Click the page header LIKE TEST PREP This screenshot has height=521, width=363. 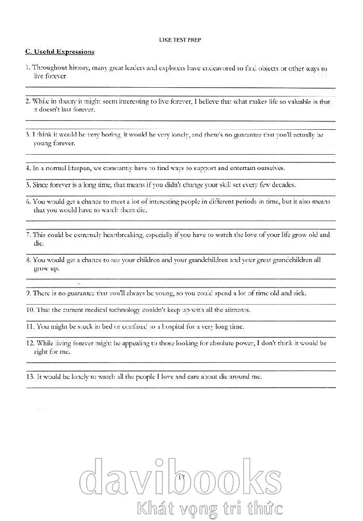[180, 40]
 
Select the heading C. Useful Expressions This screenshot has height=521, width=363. [60, 52]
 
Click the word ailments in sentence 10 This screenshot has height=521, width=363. [237, 310]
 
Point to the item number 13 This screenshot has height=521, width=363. [30, 377]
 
